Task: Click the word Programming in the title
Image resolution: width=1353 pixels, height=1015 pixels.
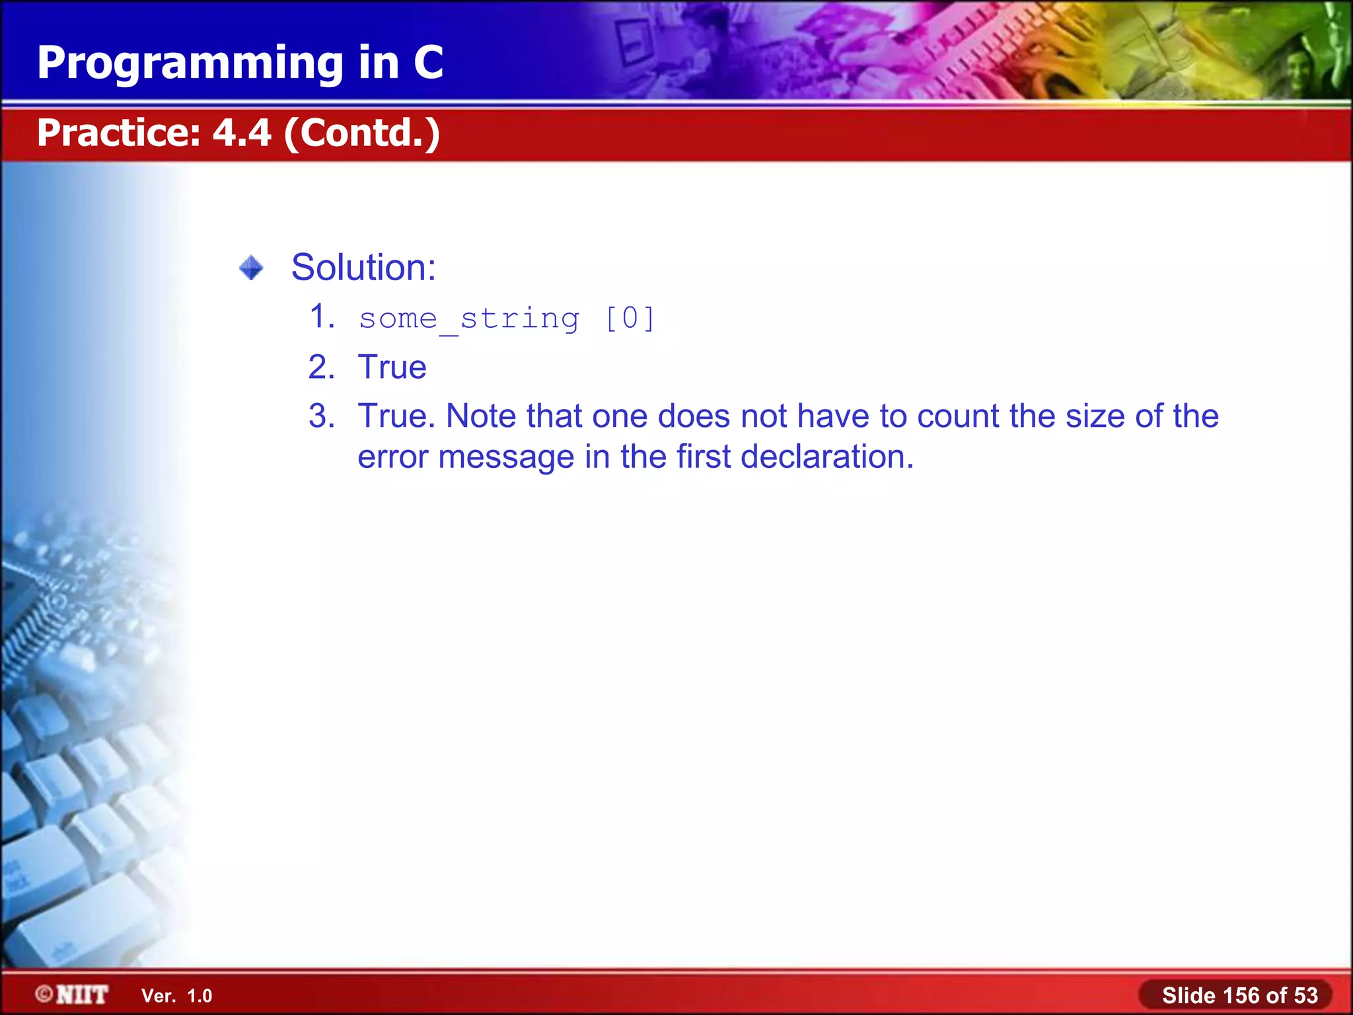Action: click(x=190, y=63)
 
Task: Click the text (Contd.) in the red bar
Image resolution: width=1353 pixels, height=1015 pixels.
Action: click(x=362, y=133)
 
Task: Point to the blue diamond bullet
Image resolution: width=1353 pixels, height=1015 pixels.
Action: click(x=251, y=268)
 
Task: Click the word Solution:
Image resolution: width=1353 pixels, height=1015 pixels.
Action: click(x=363, y=268)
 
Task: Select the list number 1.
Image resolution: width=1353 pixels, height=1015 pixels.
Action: click(x=322, y=317)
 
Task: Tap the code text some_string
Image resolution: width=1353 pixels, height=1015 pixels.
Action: click(x=469, y=319)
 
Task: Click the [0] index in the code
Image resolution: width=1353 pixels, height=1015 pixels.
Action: click(x=630, y=319)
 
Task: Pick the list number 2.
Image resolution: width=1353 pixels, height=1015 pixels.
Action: click(x=322, y=367)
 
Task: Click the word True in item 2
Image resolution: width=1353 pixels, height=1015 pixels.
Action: click(x=392, y=367)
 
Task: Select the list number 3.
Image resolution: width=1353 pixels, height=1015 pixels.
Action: click(x=322, y=416)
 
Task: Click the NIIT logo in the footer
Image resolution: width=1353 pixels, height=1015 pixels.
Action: click(x=73, y=995)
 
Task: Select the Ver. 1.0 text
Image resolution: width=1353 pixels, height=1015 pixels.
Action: click(x=176, y=996)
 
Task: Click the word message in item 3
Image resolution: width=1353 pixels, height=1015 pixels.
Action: click(x=506, y=457)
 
